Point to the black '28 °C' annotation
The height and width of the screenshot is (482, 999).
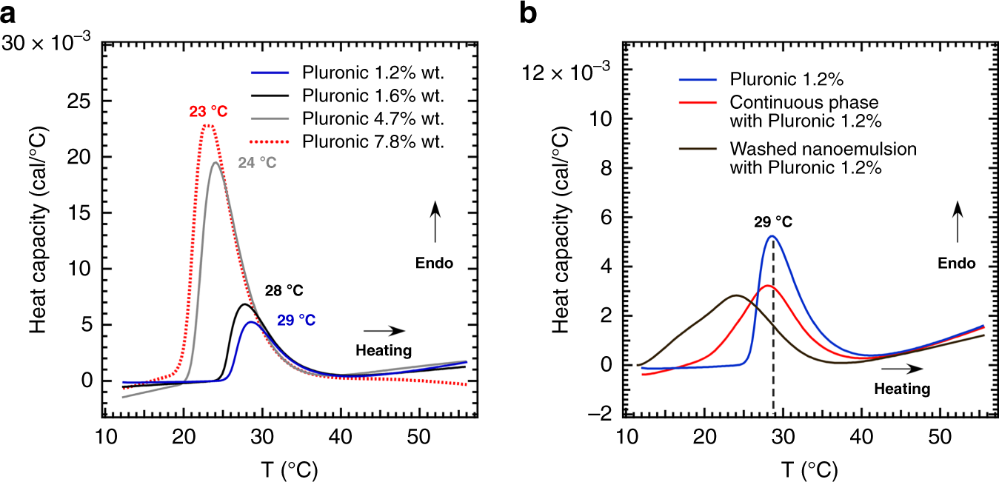pyautogui.click(x=284, y=290)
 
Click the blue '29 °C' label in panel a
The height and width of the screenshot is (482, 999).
pyautogui.click(x=296, y=321)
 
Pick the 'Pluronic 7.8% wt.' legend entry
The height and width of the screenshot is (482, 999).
pyautogui.click(x=372, y=143)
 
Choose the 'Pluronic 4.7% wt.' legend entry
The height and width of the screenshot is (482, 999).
pyautogui.click(x=372, y=120)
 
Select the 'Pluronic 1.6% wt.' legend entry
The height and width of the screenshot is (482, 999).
pyautogui.click(x=372, y=96)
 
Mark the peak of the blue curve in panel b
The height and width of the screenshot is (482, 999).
pyautogui.click(x=772, y=236)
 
